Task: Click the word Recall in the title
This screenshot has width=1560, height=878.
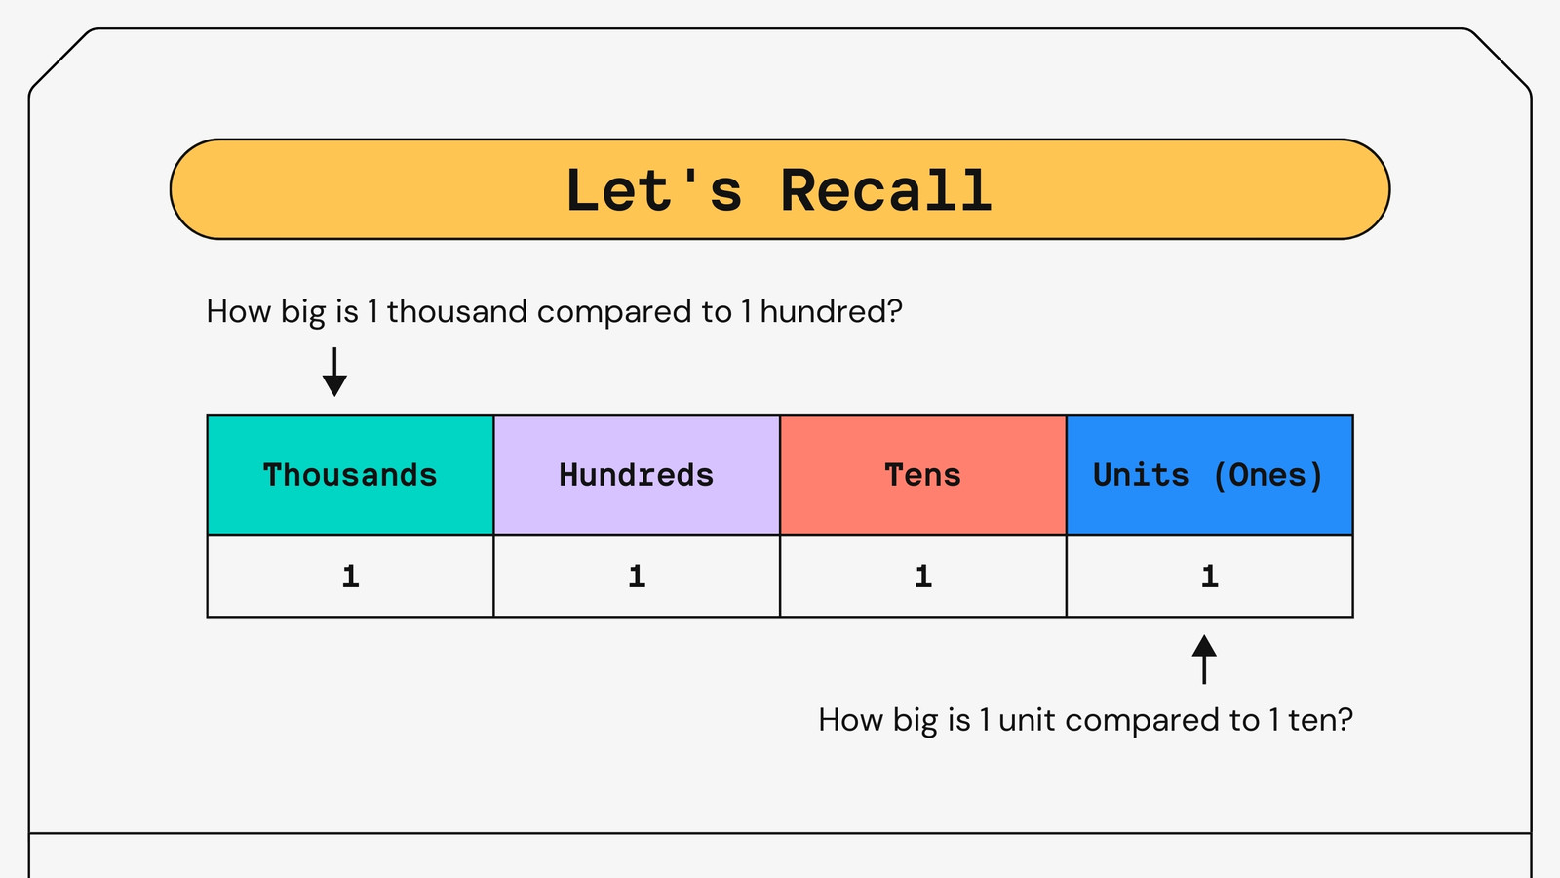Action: pos(885,190)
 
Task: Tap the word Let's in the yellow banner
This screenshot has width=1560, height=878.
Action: pos(654,189)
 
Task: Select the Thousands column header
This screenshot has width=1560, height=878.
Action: pos(350,474)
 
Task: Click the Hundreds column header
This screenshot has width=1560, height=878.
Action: pos(637,474)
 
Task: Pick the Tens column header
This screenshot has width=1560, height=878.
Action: pos(922,474)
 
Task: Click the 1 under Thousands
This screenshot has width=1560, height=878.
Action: pos(350,577)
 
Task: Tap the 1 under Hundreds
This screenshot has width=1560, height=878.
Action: pos(637,577)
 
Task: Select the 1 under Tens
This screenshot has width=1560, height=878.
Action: pos(922,577)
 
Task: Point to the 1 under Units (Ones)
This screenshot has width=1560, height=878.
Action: pos(1210,577)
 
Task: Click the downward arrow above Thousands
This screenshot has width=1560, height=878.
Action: pos(335,372)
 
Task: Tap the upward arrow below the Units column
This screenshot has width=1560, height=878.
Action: pos(1204,659)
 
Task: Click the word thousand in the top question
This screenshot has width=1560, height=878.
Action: pos(457,311)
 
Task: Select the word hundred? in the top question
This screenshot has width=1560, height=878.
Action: pos(831,311)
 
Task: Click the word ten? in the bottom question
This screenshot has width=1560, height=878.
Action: pos(1320,720)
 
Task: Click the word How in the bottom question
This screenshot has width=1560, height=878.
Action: pos(850,720)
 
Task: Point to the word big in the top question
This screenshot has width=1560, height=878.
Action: pos(303,312)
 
